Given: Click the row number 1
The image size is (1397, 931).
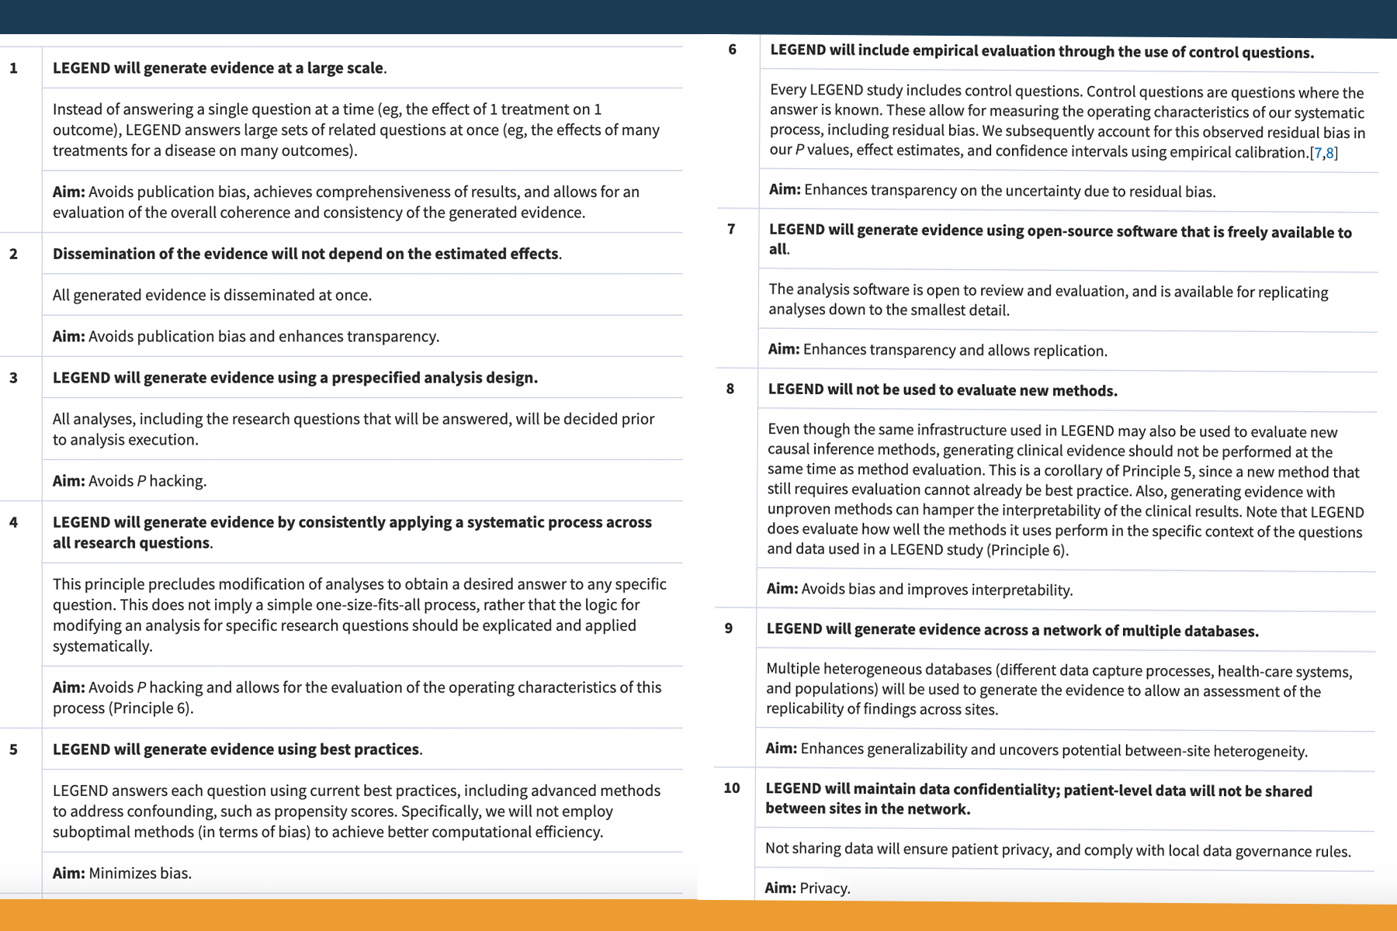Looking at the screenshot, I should pyautogui.click(x=13, y=68).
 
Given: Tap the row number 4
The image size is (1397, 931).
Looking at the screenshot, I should pyautogui.click(x=13, y=522).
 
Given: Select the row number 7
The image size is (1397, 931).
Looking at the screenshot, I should pyautogui.click(x=731, y=229).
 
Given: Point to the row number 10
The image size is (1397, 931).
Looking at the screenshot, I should pyautogui.click(x=731, y=788).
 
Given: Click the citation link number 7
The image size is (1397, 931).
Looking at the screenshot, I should pyautogui.click(x=1318, y=153).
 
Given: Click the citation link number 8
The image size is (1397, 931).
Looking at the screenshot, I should pyautogui.click(x=1330, y=153).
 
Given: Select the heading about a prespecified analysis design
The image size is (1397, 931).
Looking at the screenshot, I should pyautogui.click(x=295, y=378).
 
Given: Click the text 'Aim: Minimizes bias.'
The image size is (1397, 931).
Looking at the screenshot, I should pyautogui.click(x=122, y=874).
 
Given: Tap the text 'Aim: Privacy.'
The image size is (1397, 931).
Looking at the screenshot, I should pyautogui.click(x=807, y=888).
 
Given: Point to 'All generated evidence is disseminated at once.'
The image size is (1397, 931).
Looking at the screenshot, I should pyautogui.click(x=212, y=296).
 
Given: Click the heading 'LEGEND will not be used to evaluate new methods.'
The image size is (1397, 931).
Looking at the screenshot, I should pyautogui.click(x=942, y=390).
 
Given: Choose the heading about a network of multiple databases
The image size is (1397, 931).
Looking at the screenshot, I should pyautogui.click(x=1012, y=630).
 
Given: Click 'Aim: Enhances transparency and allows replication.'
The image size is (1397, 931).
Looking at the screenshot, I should pyautogui.click(x=938, y=350).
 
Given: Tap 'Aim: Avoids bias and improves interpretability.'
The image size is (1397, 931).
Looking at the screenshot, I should pyautogui.click(x=920, y=590).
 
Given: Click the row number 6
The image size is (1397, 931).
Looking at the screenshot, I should pyautogui.click(x=732, y=50).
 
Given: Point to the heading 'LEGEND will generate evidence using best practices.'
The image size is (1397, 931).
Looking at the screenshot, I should pyautogui.click(x=237, y=749).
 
